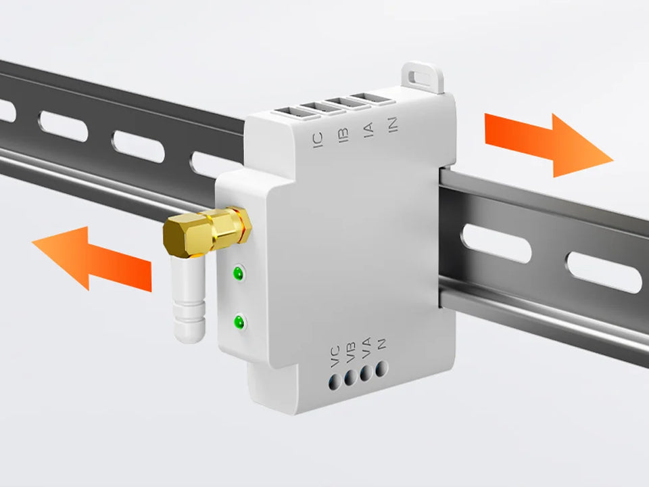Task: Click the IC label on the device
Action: coord(318,141)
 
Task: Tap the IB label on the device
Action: coord(343,135)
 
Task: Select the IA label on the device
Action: coord(368,130)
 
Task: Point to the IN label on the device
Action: coord(393,124)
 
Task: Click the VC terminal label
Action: coord(335,356)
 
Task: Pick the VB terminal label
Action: coord(351,352)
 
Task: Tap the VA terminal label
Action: coord(366,348)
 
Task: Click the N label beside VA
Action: coord(381,344)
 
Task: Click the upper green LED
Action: coord(239,273)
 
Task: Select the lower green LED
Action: coord(239,322)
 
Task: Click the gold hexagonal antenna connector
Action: coord(207,231)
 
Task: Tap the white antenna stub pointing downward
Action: coord(189,298)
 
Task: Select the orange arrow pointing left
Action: coord(92,258)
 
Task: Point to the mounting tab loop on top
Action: coord(423,77)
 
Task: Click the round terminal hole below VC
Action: coord(335,382)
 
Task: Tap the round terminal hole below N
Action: coord(381,369)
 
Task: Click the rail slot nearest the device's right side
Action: coord(496,243)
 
